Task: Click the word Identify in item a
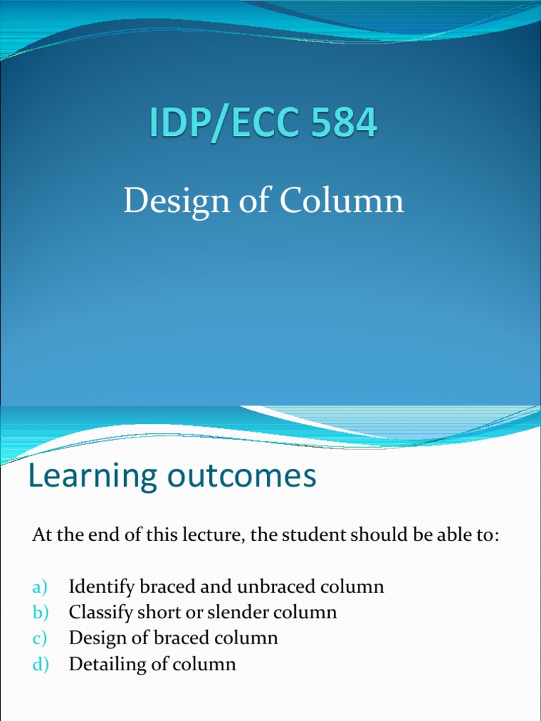pyautogui.click(x=98, y=587)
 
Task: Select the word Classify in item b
pyautogui.click(x=97, y=613)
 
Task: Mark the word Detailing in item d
pyautogui.click(x=103, y=664)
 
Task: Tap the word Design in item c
pyautogui.click(x=94, y=639)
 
